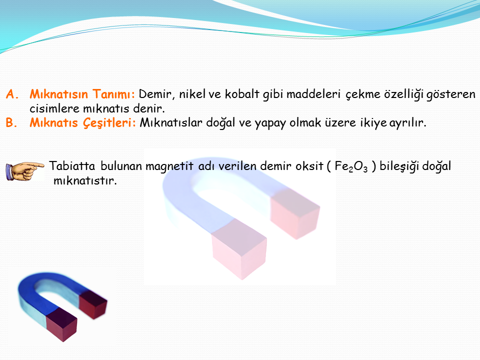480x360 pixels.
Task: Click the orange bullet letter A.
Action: [12, 94]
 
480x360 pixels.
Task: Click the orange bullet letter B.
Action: [11, 122]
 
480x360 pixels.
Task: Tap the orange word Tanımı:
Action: [113, 94]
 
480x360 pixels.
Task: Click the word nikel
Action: [192, 94]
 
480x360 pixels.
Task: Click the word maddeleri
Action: [313, 94]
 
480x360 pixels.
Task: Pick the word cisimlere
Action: [54, 108]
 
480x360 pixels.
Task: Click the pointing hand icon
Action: [25, 171]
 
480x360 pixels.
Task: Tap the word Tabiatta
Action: [72, 166]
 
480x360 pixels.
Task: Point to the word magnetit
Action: [169, 166]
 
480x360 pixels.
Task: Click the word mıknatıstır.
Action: [85, 180]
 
